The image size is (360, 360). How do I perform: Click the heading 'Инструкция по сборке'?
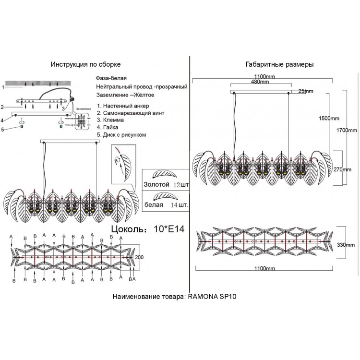pos(90,64)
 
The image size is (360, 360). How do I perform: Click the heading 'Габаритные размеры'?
pos(273,64)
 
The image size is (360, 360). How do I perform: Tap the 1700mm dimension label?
pos(347,130)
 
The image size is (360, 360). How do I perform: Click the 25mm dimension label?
pos(305,91)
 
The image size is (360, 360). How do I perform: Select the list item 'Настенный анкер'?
pos(126,105)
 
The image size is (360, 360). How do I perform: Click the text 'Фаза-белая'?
pos(112,78)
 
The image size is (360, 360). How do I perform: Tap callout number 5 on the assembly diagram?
pos(2,129)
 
